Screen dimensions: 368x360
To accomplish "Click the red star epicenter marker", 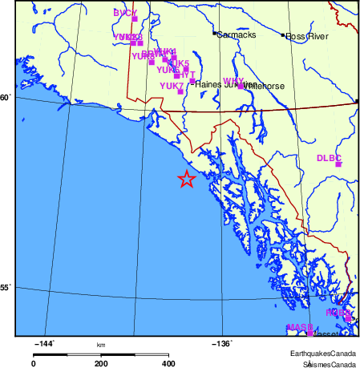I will click(186, 179).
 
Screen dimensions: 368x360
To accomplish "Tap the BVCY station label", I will click(125, 13).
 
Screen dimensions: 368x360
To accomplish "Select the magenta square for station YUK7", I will click(180, 91).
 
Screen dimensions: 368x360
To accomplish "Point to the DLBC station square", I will click(338, 164).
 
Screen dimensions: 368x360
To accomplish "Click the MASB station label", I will click(298, 327).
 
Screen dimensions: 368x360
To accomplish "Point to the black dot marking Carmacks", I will click(214, 34).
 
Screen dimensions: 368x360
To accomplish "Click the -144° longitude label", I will click(44, 343).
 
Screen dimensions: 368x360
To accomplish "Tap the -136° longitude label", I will click(222, 343).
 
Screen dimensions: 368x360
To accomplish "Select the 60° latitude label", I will click(6, 99).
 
